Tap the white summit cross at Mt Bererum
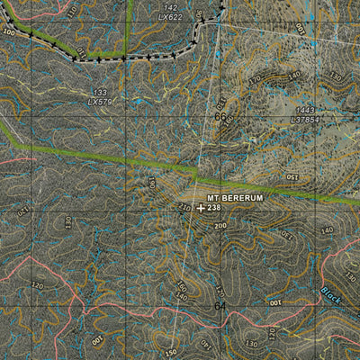[200, 208]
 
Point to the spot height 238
[213, 208]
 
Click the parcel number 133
[101, 92]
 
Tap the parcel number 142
[169, 8]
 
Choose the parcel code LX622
[169, 17]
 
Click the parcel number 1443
[306, 110]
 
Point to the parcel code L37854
[306, 119]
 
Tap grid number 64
[220, 306]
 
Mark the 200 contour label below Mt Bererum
[220, 226]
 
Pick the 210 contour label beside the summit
[184, 208]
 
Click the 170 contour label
[255, 80]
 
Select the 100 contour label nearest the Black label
[274, 303]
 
